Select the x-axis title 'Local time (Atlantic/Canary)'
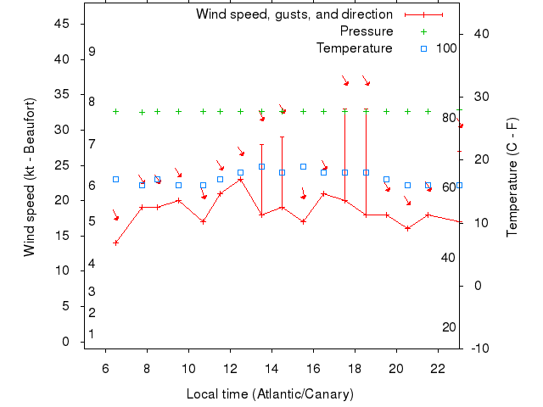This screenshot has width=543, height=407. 270,394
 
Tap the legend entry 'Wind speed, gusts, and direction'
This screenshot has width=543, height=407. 294,14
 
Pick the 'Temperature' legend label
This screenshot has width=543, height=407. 355,48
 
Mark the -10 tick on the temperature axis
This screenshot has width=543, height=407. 479,348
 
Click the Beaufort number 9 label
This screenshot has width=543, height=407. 92,52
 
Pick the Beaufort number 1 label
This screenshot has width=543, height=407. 92,334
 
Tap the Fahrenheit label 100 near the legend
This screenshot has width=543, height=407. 447,48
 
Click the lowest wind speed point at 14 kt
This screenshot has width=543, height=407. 116,243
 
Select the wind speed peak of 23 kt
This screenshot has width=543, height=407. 241,179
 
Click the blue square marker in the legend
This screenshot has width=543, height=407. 423,48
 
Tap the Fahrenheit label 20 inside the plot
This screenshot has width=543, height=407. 450,327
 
